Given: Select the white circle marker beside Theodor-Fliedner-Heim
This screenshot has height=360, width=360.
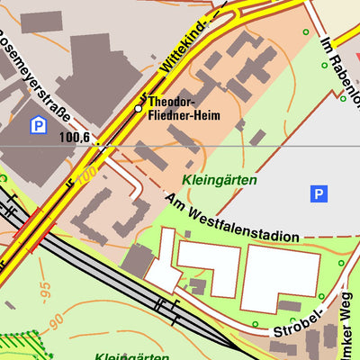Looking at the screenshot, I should coord(139,108).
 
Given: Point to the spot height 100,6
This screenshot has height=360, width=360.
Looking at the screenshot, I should coord(75,138).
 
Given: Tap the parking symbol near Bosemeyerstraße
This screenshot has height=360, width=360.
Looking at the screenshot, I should coord(38,126).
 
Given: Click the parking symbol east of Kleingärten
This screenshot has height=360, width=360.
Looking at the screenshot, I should coord(318,193).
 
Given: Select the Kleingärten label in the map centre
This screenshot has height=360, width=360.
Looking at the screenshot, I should coord(219,180).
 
